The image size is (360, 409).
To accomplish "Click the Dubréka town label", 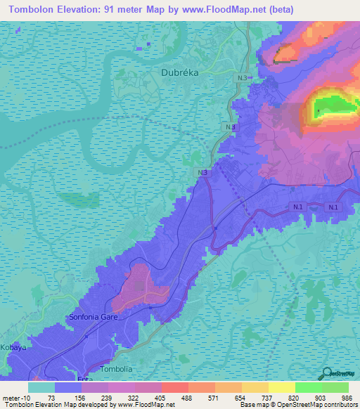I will (178, 72).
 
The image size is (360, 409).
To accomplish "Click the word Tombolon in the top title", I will (36, 9).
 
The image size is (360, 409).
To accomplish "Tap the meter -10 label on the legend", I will (15, 397).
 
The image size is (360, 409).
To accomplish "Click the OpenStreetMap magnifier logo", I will (327, 373).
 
